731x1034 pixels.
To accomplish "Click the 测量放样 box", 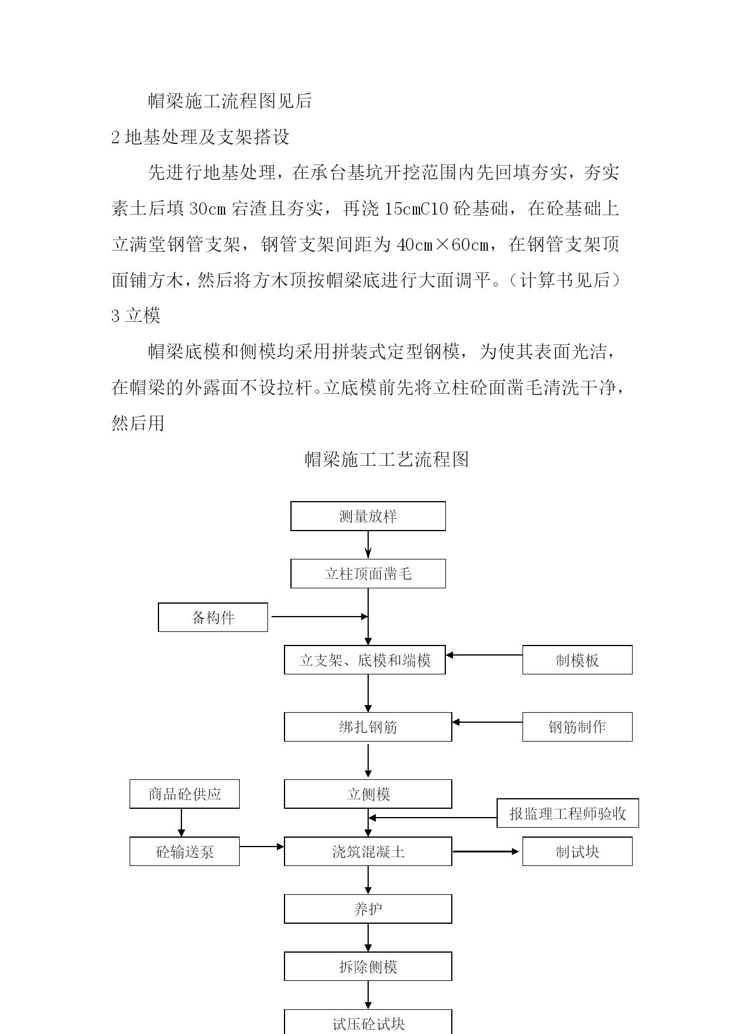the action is (x=368, y=516).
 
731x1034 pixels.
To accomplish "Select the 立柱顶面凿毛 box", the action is (x=368, y=574).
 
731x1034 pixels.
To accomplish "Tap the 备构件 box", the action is (x=213, y=617).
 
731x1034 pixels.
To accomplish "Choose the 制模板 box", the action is (x=577, y=660).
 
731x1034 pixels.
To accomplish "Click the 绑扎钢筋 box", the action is (x=368, y=727).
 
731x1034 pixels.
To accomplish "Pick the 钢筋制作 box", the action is (x=577, y=727).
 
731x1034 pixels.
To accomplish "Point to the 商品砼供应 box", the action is (x=184, y=794).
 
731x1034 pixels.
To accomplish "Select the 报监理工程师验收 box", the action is (x=568, y=814).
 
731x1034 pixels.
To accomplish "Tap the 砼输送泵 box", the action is (x=184, y=851).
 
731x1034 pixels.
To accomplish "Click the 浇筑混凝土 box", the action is (x=368, y=851).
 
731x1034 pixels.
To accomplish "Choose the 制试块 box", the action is (x=577, y=851).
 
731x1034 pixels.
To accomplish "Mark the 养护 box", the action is (x=368, y=909).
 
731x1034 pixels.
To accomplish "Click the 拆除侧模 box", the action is (x=368, y=966).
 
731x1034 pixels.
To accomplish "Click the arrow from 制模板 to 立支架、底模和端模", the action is (x=484, y=655).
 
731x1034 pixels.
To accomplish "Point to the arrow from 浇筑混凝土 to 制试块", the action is (x=486, y=851).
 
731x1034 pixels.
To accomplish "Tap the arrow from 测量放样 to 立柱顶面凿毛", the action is (x=368, y=545).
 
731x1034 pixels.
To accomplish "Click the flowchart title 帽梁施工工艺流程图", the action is (x=387, y=459).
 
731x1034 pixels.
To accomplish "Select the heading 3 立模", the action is (x=136, y=316).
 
